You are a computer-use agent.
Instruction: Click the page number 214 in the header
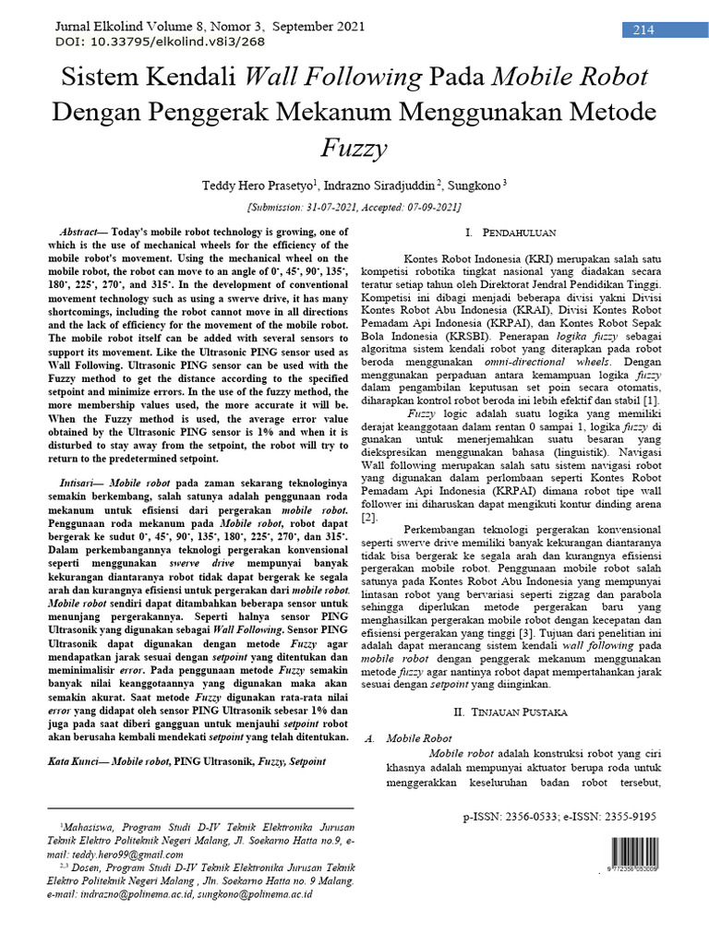point(643,30)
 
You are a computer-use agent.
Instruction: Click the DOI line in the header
point(135,42)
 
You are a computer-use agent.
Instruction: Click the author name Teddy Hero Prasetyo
point(257,186)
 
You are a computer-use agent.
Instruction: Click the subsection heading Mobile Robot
point(419,739)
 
